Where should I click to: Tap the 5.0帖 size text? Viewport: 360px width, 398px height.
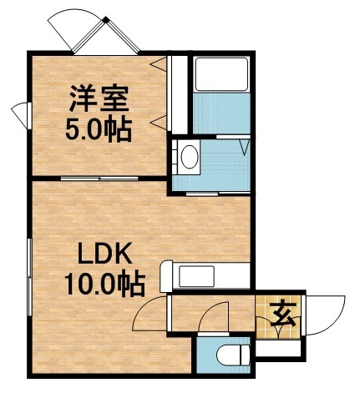(x=99, y=129)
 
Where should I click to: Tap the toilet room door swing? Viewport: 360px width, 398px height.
(x=215, y=320)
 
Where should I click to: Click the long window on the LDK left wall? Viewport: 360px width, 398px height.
(x=30, y=275)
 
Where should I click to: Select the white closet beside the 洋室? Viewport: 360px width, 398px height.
(x=176, y=93)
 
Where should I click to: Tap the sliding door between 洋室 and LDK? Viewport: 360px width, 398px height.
(x=100, y=179)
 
